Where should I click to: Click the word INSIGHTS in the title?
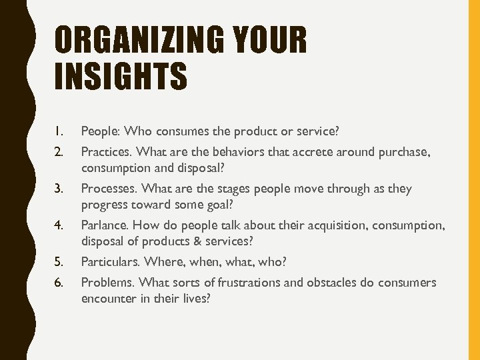tap(121, 75)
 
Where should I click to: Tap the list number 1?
tap(59, 130)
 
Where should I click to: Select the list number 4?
tap(59, 225)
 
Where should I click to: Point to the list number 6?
tap(59, 282)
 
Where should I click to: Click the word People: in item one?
tap(101, 130)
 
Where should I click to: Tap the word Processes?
tap(109, 189)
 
